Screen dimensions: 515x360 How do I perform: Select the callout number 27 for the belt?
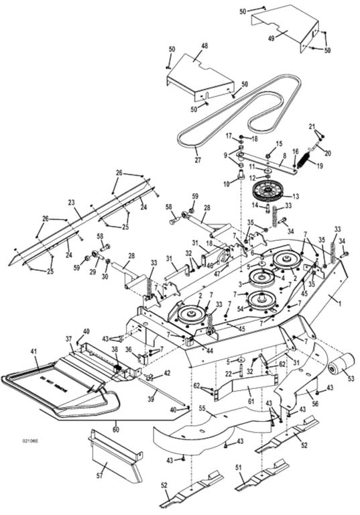(196, 160)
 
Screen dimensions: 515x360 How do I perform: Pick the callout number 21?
(311, 126)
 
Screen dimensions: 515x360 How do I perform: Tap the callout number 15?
(280, 144)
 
